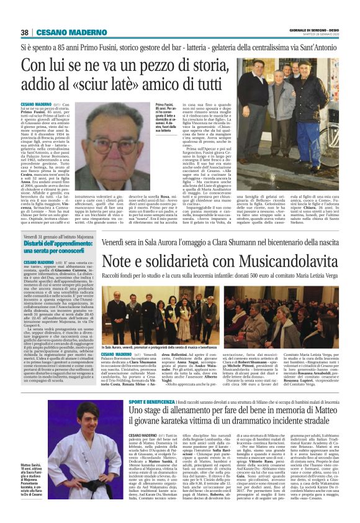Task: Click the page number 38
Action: pyautogui.click(x=25, y=32)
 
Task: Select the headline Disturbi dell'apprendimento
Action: pyautogui.click(x=57, y=243)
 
